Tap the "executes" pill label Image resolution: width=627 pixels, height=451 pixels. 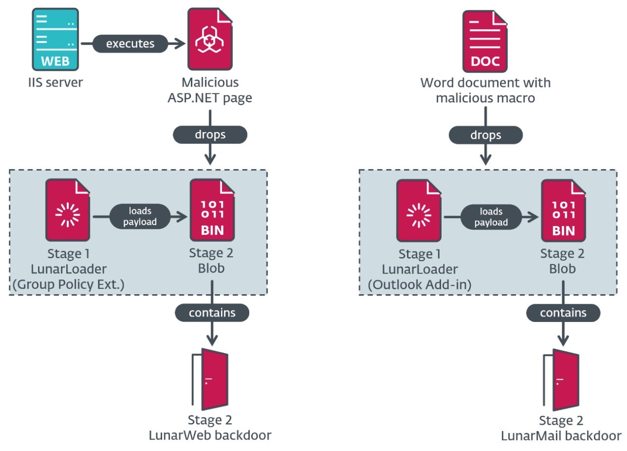[x=130, y=44]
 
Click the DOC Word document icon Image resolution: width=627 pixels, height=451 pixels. [x=485, y=42]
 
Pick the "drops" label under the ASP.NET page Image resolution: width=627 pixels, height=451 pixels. [x=210, y=135]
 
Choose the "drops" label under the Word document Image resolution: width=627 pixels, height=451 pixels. [x=486, y=135]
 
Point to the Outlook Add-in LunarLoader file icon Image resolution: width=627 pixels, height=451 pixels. [x=418, y=211]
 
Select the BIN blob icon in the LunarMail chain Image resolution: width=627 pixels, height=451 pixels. [x=564, y=211]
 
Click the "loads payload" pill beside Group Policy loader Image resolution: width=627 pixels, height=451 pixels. [x=140, y=217]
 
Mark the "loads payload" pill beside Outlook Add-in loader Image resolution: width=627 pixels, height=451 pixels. [x=491, y=217]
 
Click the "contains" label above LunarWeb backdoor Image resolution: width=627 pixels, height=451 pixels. [x=212, y=313]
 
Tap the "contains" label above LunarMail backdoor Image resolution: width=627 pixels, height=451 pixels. [x=563, y=313]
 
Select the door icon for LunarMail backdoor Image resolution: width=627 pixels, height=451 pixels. [x=562, y=379]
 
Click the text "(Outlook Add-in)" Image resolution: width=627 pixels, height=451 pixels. [x=419, y=285]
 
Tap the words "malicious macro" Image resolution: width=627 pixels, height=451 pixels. [x=485, y=98]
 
